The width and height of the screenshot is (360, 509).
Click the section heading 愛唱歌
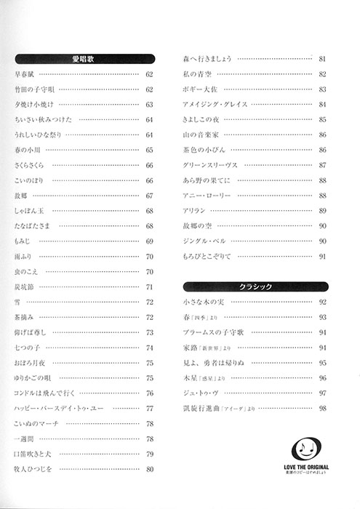click(84, 58)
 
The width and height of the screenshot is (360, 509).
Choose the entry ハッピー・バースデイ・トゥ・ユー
click(60, 408)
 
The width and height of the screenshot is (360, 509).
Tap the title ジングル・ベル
click(204, 241)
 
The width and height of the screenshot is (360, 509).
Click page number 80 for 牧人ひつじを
click(149, 469)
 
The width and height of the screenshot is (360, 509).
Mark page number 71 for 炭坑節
click(149, 286)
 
